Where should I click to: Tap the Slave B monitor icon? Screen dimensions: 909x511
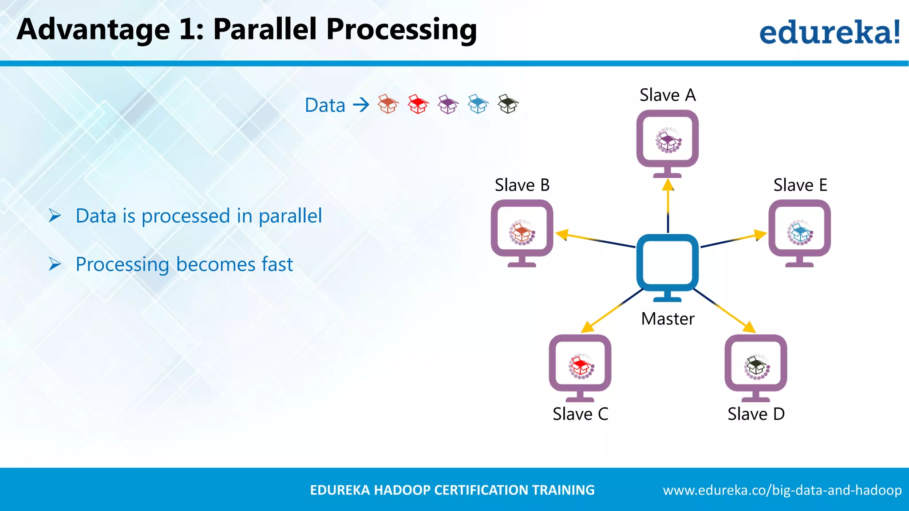[x=522, y=231]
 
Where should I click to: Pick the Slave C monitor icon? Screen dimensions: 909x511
[x=580, y=366]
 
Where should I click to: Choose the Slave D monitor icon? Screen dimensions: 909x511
[x=756, y=366]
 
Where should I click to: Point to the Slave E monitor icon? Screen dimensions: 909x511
[x=799, y=231]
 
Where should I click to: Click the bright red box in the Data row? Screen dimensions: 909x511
[x=418, y=105]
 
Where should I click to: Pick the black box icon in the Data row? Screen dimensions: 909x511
[x=508, y=104]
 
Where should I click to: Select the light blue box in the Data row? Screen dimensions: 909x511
[x=478, y=105]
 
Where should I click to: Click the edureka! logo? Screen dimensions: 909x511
[x=829, y=32]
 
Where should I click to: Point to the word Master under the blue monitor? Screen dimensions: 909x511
[x=668, y=319]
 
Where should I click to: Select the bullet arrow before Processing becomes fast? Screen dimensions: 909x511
[x=55, y=264]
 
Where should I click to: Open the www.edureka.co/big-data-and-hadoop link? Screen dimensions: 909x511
[x=782, y=490]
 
